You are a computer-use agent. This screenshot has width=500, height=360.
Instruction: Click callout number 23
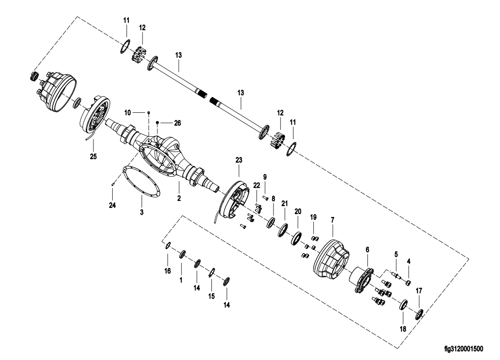[x=239, y=160]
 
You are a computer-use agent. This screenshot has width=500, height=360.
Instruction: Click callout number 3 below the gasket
[x=141, y=212]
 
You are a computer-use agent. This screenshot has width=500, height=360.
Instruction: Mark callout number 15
[x=212, y=296]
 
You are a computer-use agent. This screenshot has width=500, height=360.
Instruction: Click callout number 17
[x=419, y=291]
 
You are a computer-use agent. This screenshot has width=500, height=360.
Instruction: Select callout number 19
[x=314, y=217]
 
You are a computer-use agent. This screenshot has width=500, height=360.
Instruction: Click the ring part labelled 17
[x=420, y=313]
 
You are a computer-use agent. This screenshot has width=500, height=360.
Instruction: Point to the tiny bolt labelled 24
[x=114, y=182]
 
